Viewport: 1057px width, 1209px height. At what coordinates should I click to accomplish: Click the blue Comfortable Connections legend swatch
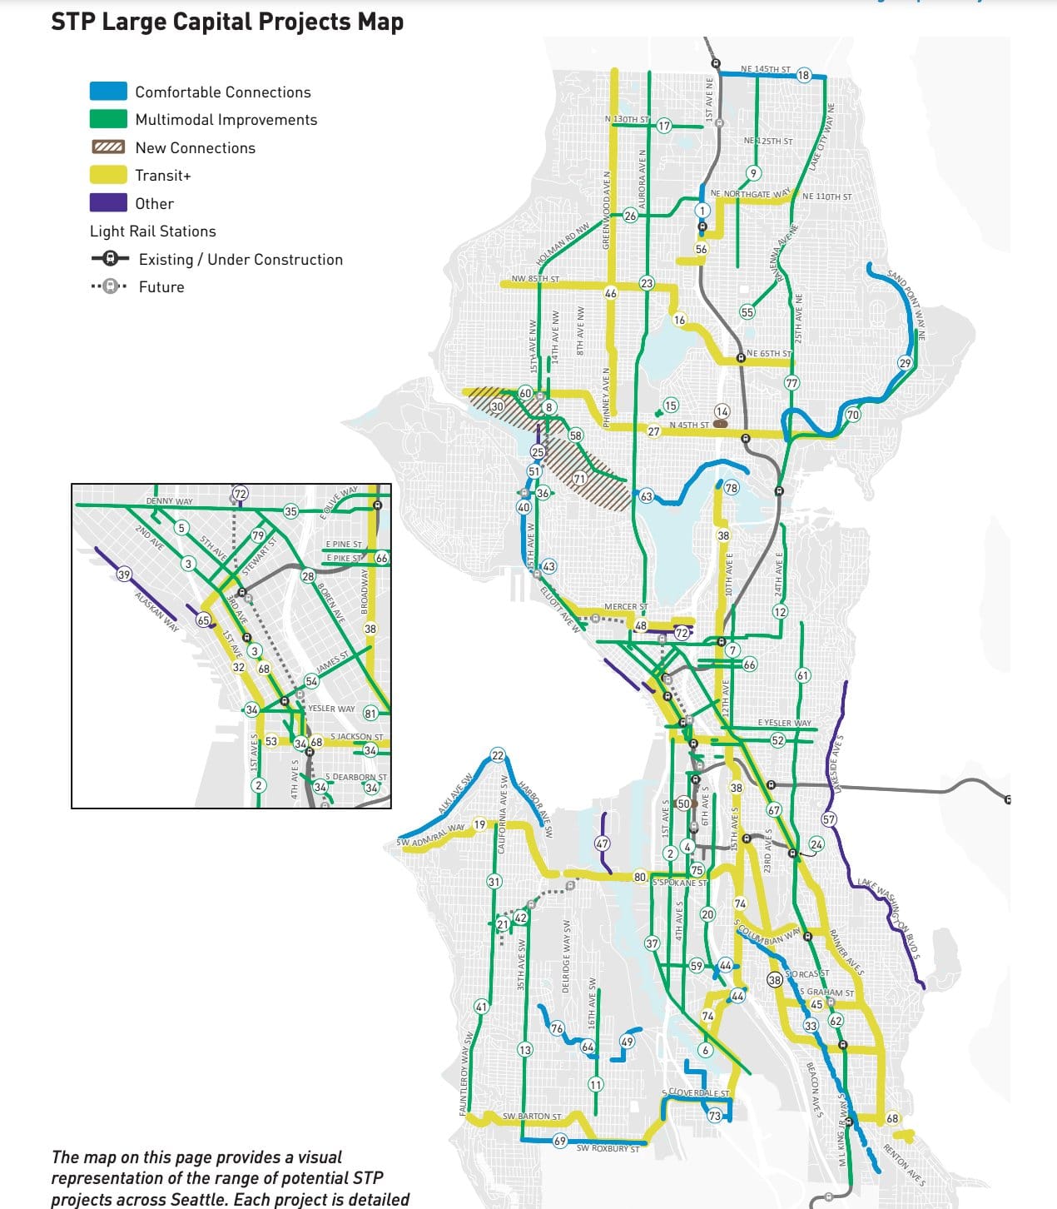[108, 92]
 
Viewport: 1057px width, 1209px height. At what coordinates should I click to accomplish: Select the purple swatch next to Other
[108, 203]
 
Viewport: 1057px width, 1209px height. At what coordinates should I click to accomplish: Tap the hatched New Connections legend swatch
[108, 147]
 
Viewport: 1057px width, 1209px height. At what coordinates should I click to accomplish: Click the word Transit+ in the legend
[163, 176]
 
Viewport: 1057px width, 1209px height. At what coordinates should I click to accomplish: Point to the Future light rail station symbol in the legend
[109, 286]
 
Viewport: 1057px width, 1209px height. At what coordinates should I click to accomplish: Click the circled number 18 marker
[803, 75]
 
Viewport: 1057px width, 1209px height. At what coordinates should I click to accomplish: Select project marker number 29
[905, 362]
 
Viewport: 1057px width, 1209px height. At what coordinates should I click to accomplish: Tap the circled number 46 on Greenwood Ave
[611, 293]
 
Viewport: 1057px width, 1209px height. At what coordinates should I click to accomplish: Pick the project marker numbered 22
[498, 755]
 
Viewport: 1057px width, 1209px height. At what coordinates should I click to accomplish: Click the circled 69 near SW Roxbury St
[560, 1141]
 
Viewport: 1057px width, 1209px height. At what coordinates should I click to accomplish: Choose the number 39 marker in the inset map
[124, 575]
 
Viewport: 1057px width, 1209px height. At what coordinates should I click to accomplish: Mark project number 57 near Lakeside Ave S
[829, 819]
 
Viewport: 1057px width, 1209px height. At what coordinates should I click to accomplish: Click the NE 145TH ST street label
[765, 69]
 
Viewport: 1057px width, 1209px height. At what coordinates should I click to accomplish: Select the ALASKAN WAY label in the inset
[157, 612]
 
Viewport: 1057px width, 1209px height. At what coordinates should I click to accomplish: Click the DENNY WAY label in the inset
[169, 501]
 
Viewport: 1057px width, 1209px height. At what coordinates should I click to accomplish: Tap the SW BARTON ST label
[531, 1116]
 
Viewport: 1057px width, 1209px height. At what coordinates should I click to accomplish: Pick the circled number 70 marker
[852, 415]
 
